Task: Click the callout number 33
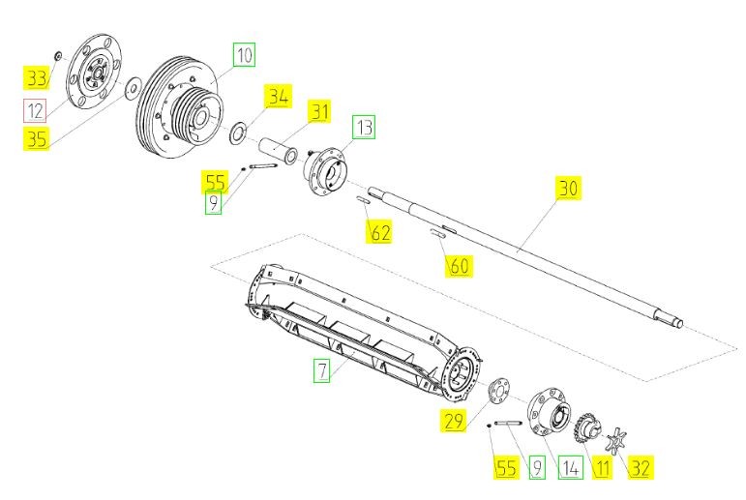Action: (36, 78)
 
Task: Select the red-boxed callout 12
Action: (35, 111)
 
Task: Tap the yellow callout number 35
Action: (36, 139)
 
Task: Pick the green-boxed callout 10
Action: (244, 55)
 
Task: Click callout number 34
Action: (279, 97)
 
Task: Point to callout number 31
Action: (319, 112)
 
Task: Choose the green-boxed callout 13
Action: (364, 127)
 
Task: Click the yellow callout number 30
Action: (569, 188)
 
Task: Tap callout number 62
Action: (380, 233)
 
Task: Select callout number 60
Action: (459, 265)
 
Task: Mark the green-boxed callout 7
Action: (322, 370)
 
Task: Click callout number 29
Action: (453, 421)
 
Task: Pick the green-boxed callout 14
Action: (571, 468)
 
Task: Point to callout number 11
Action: (602, 468)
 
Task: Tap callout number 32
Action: (640, 468)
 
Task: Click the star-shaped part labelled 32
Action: (616, 441)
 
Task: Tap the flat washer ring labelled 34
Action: (237, 132)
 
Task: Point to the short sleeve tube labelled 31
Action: (278, 150)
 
